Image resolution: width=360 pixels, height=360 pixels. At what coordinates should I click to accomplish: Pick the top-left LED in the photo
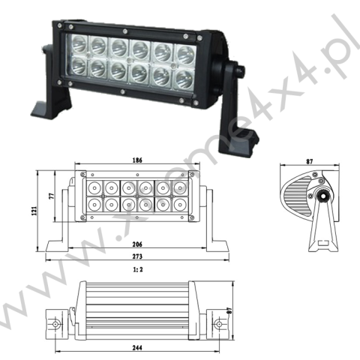[77, 44]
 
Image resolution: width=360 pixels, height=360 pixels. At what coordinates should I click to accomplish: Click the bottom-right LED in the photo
[183, 77]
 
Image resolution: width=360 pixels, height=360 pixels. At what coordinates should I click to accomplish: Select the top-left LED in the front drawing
[94, 186]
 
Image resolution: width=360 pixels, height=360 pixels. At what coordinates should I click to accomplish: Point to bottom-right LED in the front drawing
[180, 204]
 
